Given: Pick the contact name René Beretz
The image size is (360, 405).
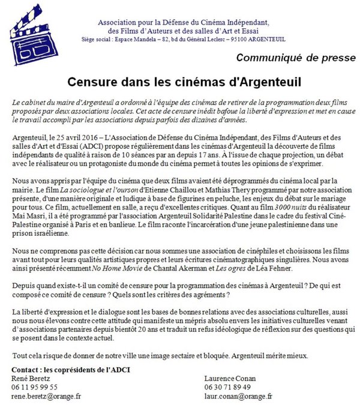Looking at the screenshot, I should click(x=31, y=378).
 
